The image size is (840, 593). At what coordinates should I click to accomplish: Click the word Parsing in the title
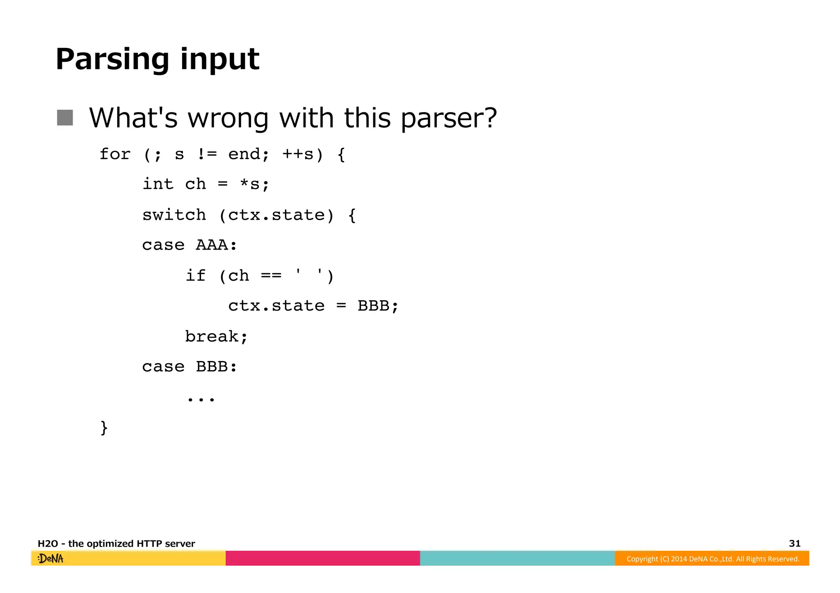pyautogui.click(x=112, y=60)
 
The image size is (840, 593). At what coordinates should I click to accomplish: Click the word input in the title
pyautogui.click(x=219, y=60)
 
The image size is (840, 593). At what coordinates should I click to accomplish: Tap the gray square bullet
pyautogui.click(x=65, y=118)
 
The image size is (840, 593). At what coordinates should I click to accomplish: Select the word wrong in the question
pyautogui.click(x=228, y=118)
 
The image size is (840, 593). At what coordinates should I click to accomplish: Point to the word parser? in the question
pyautogui.click(x=448, y=118)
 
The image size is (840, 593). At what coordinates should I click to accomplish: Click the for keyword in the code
pyautogui.click(x=115, y=154)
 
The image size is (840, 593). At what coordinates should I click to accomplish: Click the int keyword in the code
pyautogui.click(x=158, y=184)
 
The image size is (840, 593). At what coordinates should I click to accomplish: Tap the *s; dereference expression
pyautogui.click(x=254, y=184)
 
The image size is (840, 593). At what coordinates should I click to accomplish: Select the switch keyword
pyautogui.click(x=174, y=215)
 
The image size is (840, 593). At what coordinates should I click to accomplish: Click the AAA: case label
pyautogui.click(x=216, y=245)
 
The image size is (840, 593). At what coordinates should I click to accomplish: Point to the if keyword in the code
pyautogui.click(x=196, y=275)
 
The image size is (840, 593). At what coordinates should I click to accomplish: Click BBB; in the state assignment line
pyautogui.click(x=377, y=306)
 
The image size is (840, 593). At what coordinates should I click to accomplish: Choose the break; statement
pyautogui.click(x=216, y=336)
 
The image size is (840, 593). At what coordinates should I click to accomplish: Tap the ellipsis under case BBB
pyautogui.click(x=201, y=398)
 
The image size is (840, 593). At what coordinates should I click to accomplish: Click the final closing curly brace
pyautogui.click(x=104, y=428)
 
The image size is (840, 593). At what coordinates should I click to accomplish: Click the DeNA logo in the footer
pyautogui.click(x=51, y=559)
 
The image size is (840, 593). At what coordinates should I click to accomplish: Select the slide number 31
pyautogui.click(x=794, y=543)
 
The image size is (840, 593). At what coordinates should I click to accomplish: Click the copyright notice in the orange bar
pyautogui.click(x=713, y=559)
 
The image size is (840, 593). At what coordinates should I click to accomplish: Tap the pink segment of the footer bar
pyautogui.click(x=323, y=559)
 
